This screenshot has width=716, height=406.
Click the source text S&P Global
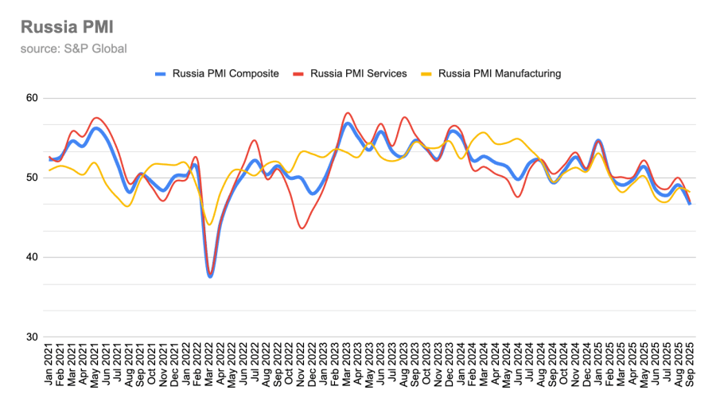(74, 49)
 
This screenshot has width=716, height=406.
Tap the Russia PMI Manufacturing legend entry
(500, 73)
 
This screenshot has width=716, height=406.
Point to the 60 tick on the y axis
(32, 98)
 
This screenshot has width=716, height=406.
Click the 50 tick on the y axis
(32, 178)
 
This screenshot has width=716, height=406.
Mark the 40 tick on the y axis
(32, 257)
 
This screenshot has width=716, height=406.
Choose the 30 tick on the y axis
(32, 337)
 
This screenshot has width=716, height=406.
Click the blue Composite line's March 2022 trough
(210, 276)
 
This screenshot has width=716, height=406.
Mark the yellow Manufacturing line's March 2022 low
(210, 224)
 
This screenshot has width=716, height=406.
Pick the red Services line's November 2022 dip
(302, 228)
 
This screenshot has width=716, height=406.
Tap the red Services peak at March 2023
(348, 113)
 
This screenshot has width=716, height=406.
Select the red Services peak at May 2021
(96, 118)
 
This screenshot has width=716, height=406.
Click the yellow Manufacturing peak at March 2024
(484, 132)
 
